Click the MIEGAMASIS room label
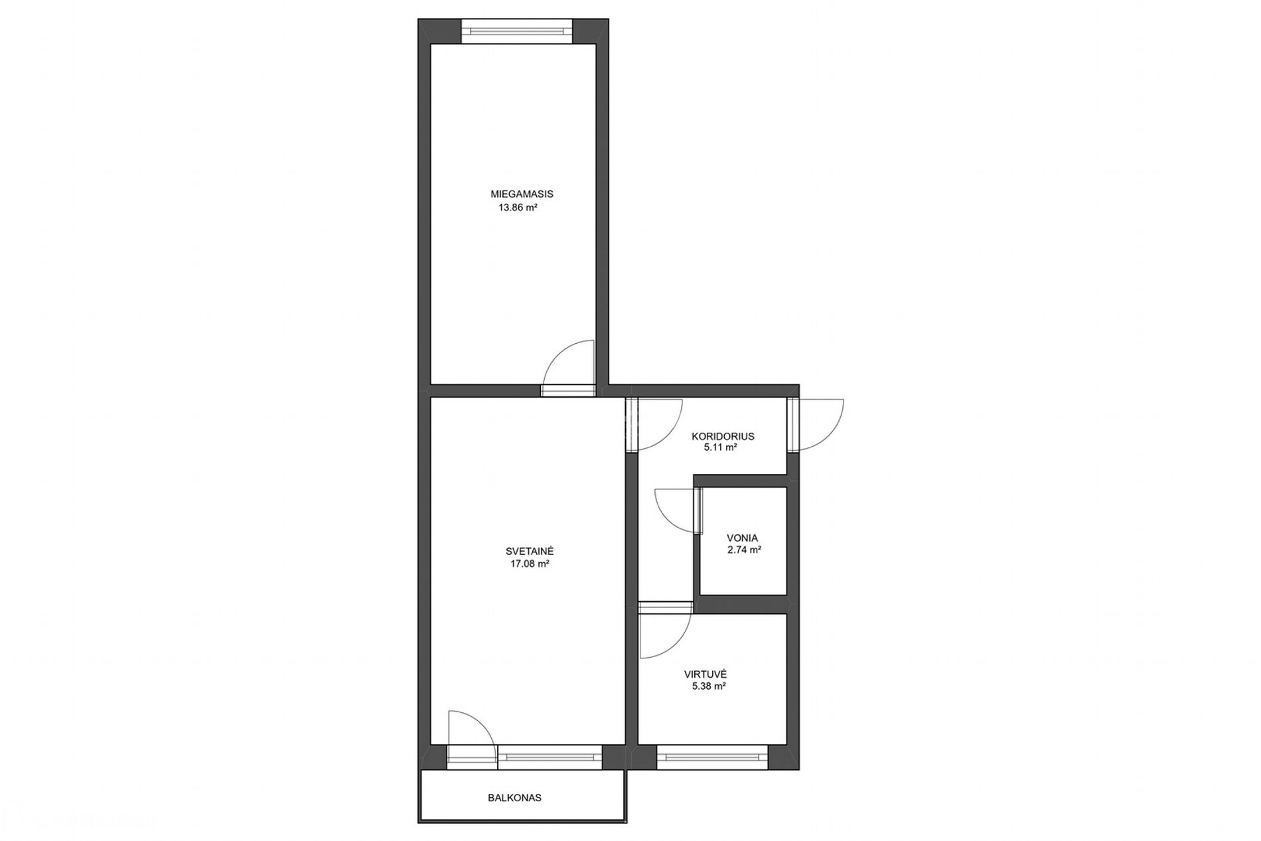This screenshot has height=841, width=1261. coord(522,194)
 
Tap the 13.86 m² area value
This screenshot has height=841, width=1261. coord(518,207)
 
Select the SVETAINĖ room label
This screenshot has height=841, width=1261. coord(530,551)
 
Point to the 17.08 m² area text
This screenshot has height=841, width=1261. coord(529,564)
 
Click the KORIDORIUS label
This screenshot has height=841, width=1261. coord(723,436)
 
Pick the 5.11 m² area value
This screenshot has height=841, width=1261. coord(721,447)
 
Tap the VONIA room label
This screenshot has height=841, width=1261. coord(742,538)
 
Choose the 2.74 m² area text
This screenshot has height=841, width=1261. coord(744,550)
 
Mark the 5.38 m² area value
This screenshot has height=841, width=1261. coord(708,686)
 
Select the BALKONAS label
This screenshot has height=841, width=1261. coord(514,797)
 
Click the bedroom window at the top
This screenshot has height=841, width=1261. coord(517,31)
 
